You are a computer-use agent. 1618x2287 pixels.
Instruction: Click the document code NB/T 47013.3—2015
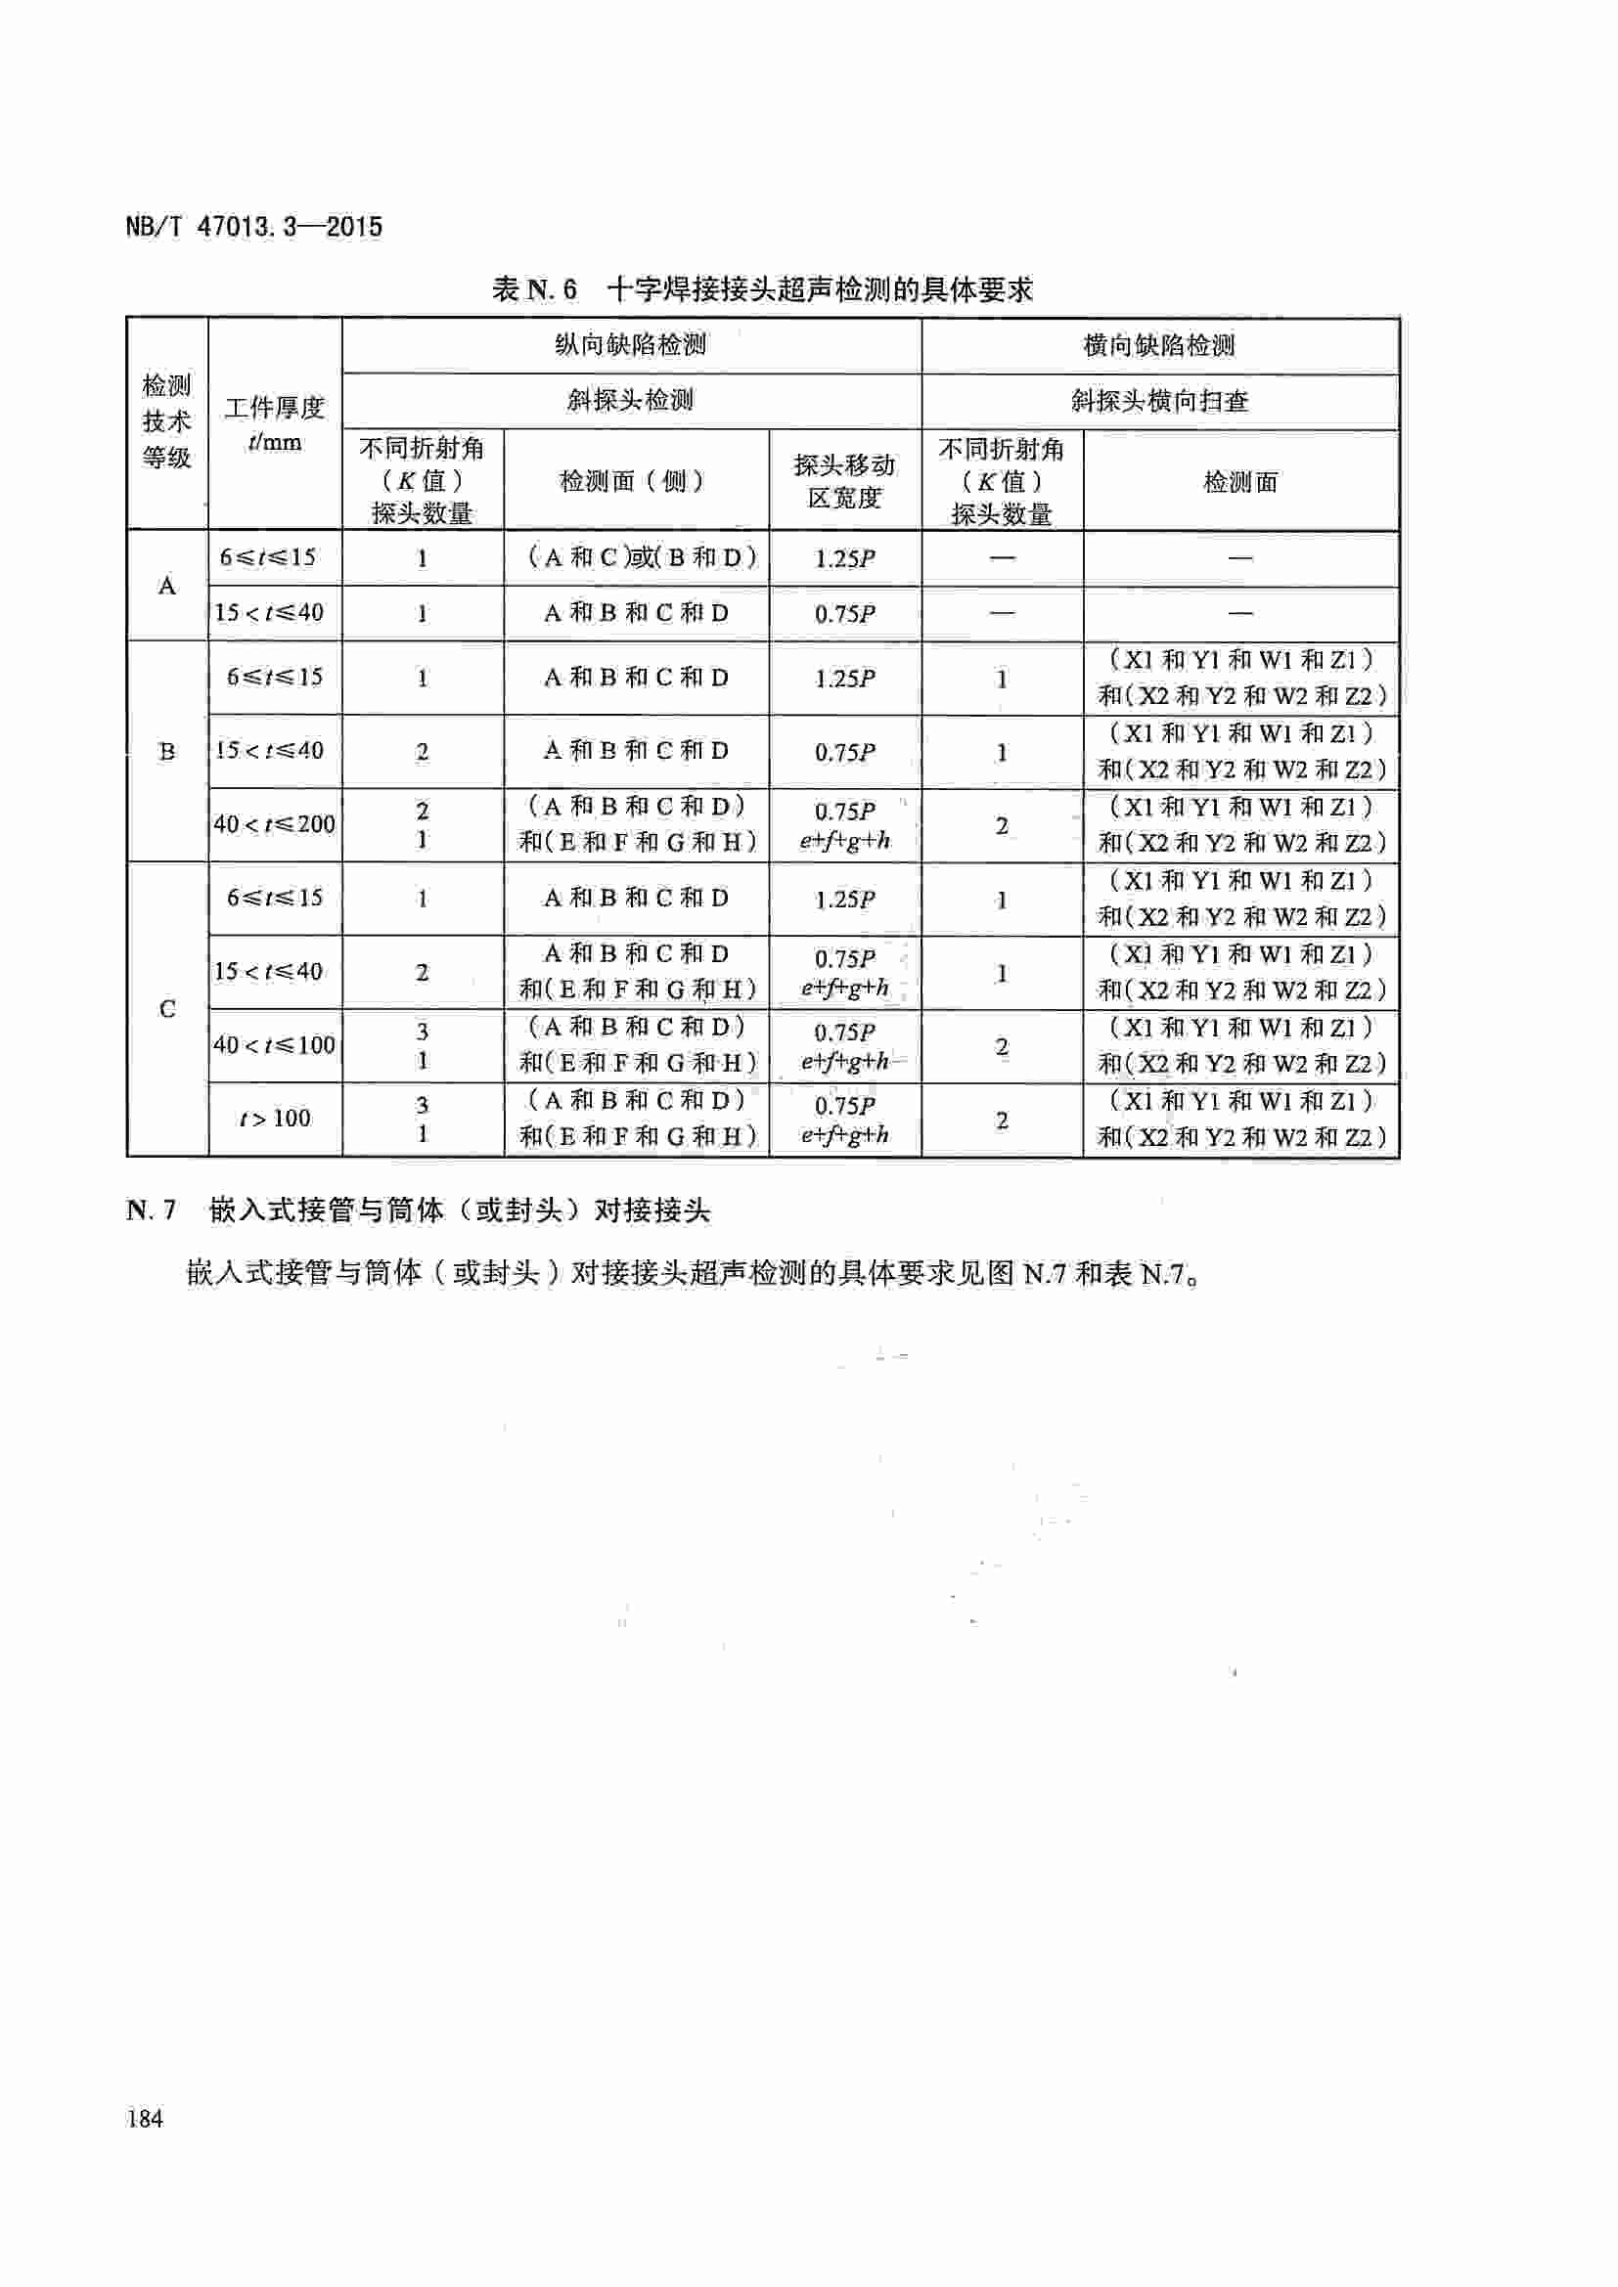coord(254,227)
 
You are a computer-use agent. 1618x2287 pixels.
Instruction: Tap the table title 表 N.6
coord(534,289)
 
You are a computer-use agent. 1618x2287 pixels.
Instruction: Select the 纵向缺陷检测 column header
coord(631,345)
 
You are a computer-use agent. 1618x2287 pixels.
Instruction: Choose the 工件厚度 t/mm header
coord(274,423)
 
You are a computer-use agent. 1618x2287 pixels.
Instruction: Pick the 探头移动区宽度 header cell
coord(844,481)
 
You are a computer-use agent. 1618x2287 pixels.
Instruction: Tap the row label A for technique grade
coord(167,586)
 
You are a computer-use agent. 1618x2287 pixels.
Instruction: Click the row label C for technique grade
coord(167,1009)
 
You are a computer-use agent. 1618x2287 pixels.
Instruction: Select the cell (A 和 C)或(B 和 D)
coord(636,557)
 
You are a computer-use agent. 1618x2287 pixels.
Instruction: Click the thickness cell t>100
coord(274,1119)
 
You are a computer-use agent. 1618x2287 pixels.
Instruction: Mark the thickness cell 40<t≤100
coord(274,1045)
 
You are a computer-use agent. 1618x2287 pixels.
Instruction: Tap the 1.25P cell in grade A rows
coord(844,559)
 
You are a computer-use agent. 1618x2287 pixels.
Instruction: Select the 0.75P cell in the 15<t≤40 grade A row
coord(844,614)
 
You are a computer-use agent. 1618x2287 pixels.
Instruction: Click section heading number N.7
coord(152,1210)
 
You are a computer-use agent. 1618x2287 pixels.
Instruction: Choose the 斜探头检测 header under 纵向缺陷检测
coord(631,401)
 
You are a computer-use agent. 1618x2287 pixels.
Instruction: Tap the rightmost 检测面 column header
coord(1240,482)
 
